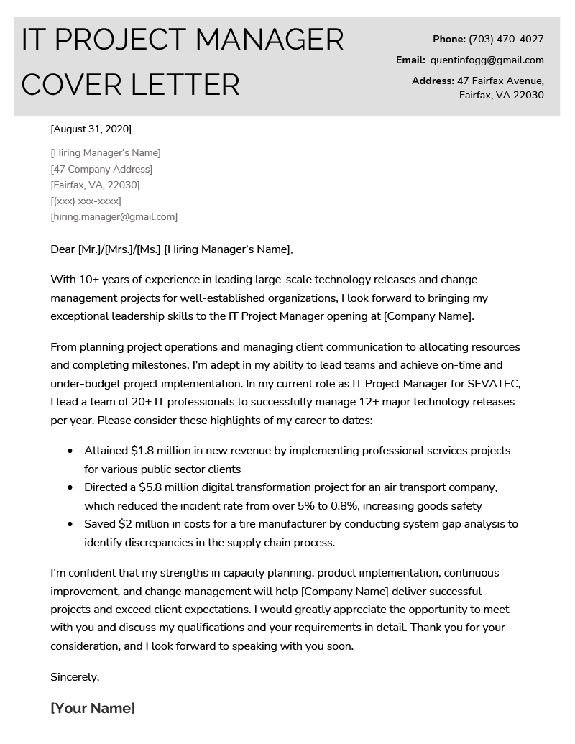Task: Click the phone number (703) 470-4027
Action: coord(506,39)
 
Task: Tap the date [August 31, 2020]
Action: coord(91,129)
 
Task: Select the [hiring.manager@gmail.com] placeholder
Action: coord(114,216)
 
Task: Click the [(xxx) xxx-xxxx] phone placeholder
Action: coord(86,201)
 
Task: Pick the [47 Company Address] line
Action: coord(101,169)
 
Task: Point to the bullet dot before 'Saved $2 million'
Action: coord(70,525)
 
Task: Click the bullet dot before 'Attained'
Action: coord(70,451)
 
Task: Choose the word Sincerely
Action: coord(75,677)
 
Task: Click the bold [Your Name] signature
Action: coord(93,708)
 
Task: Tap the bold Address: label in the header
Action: coord(433,81)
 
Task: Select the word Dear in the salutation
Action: coord(63,249)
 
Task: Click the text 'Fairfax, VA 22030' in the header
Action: coord(501,95)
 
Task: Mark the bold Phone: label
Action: coord(448,39)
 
